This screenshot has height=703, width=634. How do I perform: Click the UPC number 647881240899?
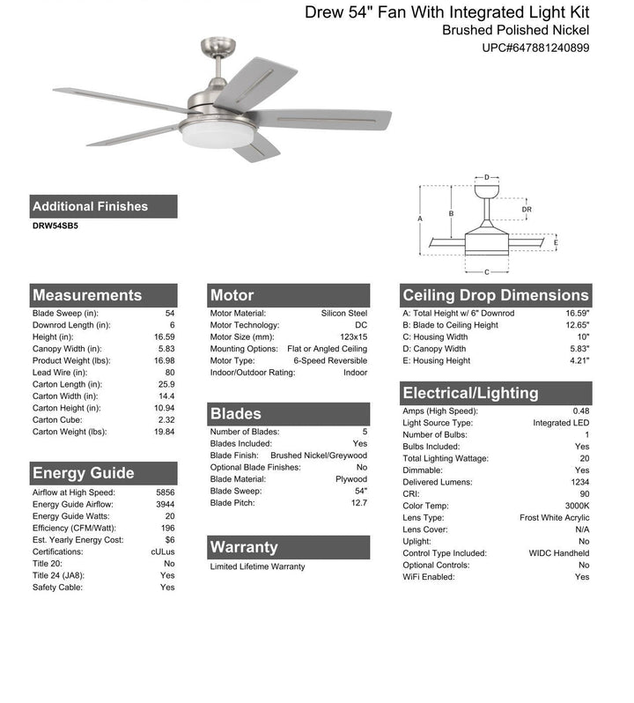pos(536,48)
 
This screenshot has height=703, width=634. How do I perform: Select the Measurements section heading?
pos(87,295)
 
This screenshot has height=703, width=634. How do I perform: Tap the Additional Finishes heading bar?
pos(91,206)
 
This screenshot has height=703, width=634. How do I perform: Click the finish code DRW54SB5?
pos(55,226)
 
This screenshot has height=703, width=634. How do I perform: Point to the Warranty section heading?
pos(244,547)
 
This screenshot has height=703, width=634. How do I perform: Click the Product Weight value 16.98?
pos(165,360)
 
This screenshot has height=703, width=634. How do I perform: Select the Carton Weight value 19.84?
pos(165,432)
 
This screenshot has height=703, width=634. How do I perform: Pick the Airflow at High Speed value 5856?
pos(166,492)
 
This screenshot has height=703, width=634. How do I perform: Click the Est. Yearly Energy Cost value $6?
pos(169,540)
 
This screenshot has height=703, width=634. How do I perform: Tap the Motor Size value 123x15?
pos(351,337)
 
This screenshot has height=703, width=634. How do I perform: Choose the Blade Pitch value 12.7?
pos(359,503)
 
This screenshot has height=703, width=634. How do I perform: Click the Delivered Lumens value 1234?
pos(580,482)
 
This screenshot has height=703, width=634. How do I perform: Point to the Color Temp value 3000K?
pos(578,506)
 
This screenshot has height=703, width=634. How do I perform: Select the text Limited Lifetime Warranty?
pos(257,566)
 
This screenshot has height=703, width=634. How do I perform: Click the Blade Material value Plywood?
pos(350,479)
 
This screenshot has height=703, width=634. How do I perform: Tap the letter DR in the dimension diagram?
pos(527,210)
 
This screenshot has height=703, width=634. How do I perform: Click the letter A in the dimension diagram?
pos(420,218)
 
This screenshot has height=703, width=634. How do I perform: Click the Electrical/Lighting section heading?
pos(470,393)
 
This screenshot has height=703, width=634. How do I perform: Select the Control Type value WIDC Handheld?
pos(559,553)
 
